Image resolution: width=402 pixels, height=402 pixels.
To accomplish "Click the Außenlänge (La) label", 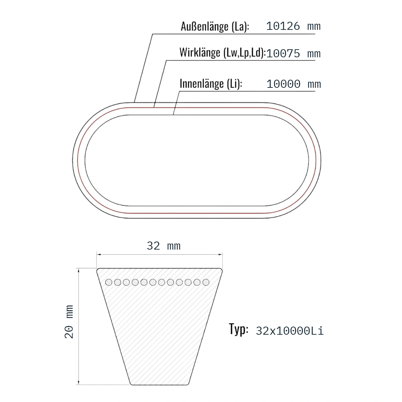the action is (x=215, y=26).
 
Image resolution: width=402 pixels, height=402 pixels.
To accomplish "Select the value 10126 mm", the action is (x=293, y=26).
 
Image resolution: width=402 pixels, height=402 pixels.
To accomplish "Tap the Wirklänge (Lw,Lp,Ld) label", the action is (x=222, y=53).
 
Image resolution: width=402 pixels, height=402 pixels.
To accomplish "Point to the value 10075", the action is (x=283, y=54).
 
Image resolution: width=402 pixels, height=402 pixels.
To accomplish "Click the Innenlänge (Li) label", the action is (x=211, y=84).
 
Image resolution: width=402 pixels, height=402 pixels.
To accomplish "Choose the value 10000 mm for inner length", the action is (x=294, y=84).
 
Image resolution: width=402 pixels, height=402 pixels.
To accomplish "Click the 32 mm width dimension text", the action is (x=163, y=246).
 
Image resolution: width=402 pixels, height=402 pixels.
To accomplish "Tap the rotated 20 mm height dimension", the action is (x=69, y=322).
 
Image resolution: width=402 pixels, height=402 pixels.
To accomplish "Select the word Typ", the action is (x=239, y=329).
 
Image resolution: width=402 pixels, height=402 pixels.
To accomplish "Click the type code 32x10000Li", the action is (x=290, y=331).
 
